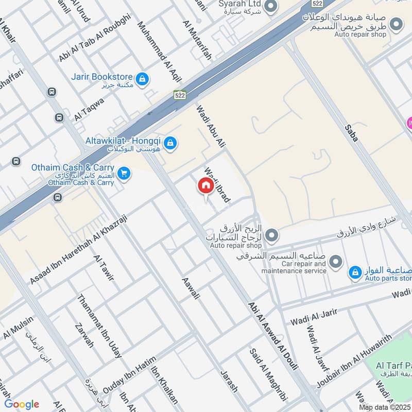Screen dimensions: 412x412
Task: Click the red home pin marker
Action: (x=205, y=186)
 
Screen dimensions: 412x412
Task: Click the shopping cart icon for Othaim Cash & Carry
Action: (x=123, y=174)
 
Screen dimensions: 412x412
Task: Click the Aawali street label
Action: (x=190, y=289)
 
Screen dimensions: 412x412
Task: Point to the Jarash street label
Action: (x=229, y=381)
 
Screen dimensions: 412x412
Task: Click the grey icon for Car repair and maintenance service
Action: (x=336, y=263)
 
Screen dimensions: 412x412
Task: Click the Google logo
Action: (x=22, y=404)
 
